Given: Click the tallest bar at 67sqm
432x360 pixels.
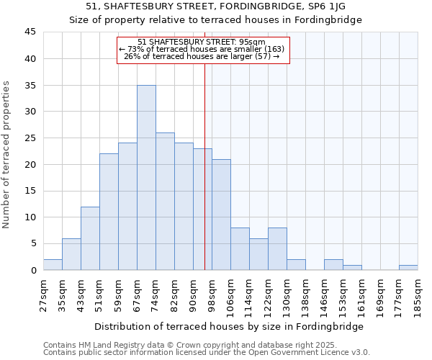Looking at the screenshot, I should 146,178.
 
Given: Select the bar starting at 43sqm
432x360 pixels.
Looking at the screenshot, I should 90,238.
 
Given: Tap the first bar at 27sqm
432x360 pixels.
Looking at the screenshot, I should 53,265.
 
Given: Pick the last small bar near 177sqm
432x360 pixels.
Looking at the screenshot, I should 408,267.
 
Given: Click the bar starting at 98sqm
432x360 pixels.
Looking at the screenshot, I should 221,215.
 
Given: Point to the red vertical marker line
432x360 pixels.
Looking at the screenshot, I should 204,180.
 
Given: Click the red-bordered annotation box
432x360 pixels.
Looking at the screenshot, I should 203,50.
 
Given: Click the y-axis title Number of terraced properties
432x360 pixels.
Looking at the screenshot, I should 7,154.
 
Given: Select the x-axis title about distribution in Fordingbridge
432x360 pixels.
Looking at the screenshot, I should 228,326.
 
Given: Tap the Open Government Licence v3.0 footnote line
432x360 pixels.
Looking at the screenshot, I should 206,353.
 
